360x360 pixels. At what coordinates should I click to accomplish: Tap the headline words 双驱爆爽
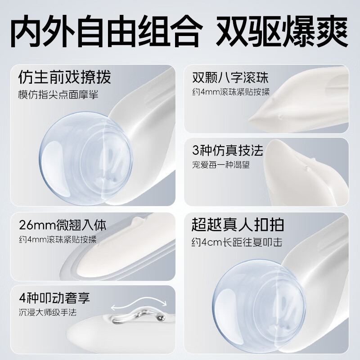(x=282, y=31)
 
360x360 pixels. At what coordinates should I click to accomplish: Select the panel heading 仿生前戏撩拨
(x=64, y=77)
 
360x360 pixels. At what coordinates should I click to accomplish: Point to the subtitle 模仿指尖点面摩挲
(x=58, y=94)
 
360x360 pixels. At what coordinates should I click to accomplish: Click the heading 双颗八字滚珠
(x=230, y=77)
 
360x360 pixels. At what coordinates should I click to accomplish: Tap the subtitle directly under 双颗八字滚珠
(x=231, y=92)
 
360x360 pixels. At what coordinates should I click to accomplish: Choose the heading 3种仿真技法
(x=228, y=150)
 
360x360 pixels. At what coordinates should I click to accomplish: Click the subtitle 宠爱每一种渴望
(x=221, y=165)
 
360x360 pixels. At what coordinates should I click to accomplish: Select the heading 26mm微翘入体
(x=63, y=225)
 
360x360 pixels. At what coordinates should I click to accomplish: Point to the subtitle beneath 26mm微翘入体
(x=58, y=239)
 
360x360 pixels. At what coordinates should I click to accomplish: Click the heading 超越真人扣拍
(x=238, y=224)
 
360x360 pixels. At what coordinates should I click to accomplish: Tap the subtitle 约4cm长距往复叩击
(x=237, y=242)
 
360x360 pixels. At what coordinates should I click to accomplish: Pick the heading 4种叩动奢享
(x=54, y=298)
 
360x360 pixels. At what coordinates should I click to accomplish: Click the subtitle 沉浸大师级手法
(x=48, y=312)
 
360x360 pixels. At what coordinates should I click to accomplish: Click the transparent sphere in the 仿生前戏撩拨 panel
(x=85, y=158)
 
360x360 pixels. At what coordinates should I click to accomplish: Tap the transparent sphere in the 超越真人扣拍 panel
(x=259, y=306)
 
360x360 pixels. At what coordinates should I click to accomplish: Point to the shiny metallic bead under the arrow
(x=161, y=318)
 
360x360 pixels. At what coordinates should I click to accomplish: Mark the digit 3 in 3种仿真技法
(x=196, y=151)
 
